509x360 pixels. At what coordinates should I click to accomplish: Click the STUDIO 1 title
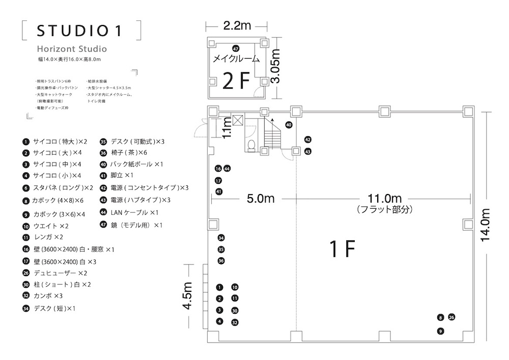(79, 31)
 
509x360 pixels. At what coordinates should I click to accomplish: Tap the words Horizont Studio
(72, 49)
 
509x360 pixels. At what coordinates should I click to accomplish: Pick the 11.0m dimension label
(384, 198)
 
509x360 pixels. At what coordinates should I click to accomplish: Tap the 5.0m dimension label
(261, 198)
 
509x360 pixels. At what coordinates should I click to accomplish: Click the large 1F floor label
(342, 249)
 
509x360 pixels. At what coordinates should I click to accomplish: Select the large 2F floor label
(236, 80)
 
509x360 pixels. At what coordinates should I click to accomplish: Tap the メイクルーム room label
(236, 59)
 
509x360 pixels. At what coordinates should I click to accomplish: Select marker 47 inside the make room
(236, 48)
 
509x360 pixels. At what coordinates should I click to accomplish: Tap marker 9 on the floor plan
(441, 331)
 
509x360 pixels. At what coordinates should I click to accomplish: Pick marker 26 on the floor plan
(451, 318)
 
